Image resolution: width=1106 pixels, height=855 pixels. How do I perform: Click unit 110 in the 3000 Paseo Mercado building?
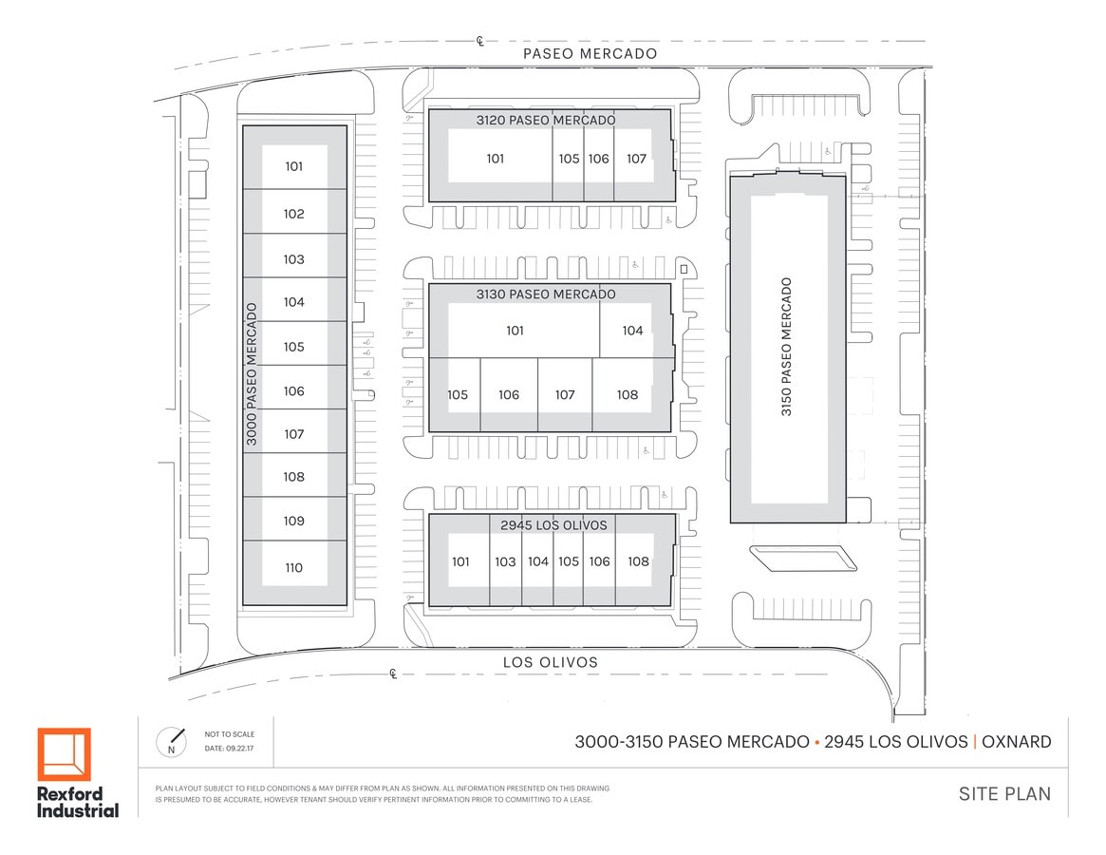294,568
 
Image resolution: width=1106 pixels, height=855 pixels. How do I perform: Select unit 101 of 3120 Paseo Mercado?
496,159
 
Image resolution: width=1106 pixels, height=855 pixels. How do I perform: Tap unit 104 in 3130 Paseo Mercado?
632,331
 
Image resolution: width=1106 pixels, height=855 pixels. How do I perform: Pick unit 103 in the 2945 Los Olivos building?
505,562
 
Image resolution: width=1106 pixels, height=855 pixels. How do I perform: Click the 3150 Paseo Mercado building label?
786,347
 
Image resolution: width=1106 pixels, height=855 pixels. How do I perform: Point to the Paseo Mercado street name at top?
590,53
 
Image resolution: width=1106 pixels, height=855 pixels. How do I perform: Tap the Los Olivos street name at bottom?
551,662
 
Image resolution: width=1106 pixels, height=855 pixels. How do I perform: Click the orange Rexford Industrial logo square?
65,754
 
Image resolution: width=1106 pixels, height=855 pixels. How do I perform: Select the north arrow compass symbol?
171,742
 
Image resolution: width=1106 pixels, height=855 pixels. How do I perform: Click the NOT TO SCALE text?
229,734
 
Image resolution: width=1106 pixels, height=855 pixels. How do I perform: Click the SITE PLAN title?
1004,794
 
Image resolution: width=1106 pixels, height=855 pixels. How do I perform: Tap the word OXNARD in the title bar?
1017,742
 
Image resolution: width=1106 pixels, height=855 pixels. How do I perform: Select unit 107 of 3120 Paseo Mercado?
636,159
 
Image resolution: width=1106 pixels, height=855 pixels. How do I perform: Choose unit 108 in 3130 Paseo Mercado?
628,394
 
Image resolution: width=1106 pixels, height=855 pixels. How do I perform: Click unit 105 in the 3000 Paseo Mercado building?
294,347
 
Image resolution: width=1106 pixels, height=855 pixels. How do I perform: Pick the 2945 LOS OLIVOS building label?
553,525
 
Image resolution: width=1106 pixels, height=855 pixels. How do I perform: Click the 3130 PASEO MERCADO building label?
546,294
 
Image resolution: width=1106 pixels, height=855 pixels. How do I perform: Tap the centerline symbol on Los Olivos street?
394,674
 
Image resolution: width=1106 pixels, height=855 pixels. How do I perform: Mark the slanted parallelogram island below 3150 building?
803,559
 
